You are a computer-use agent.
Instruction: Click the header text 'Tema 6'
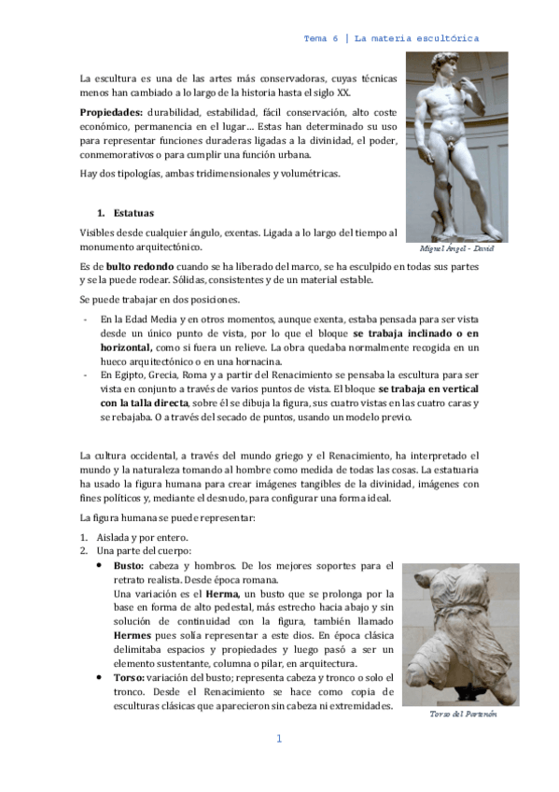coord(321,38)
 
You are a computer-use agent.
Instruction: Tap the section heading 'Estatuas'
coord(133,213)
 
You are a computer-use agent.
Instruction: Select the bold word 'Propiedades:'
coord(110,111)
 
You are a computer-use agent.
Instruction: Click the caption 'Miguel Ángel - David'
coord(456,249)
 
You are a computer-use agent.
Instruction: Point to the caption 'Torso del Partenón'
coord(463,714)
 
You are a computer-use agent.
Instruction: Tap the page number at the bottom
coord(278,740)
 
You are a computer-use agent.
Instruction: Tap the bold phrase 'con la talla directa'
coord(144,403)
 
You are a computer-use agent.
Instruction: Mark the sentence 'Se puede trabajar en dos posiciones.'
coord(160,300)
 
